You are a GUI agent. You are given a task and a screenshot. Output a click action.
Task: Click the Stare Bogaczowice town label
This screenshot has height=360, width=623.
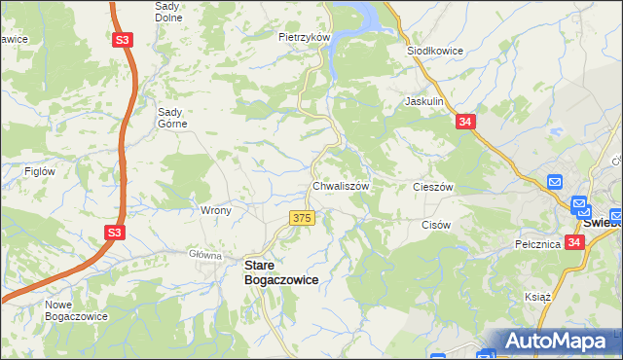pyautogui.click(x=280, y=271)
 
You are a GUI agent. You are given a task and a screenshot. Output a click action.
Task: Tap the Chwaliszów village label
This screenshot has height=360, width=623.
pyautogui.click(x=340, y=186)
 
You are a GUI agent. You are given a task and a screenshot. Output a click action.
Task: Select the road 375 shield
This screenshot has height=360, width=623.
pyautogui.click(x=302, y=219)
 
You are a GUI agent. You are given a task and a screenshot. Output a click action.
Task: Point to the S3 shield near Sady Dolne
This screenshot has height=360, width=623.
pyautogui.click(x=123, y=41)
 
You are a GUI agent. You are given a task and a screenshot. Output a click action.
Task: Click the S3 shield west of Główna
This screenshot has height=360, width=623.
pyautogui.click(x=115, y=233)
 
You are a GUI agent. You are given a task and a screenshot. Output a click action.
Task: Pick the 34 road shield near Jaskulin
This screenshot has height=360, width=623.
pyautogui.click(x=465, y=122)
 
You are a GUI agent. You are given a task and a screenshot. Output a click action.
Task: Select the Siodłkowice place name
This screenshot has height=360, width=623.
pyautogui.click(x=433, y=51)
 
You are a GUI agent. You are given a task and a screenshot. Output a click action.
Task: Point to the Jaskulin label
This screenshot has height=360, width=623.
pyautogui.click(x=424, y=101)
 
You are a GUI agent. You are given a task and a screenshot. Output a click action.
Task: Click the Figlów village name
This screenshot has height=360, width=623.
pyautogui.click(x=40, y=171)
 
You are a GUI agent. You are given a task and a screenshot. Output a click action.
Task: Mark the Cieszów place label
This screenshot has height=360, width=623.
pyautogui.click(x=434, y=187)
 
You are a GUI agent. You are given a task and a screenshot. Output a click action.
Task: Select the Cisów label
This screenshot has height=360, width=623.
pyautogui.click(x=436, y=225)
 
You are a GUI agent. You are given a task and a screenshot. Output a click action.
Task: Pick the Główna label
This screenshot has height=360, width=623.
pyautogui.click(x=206, y=255)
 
